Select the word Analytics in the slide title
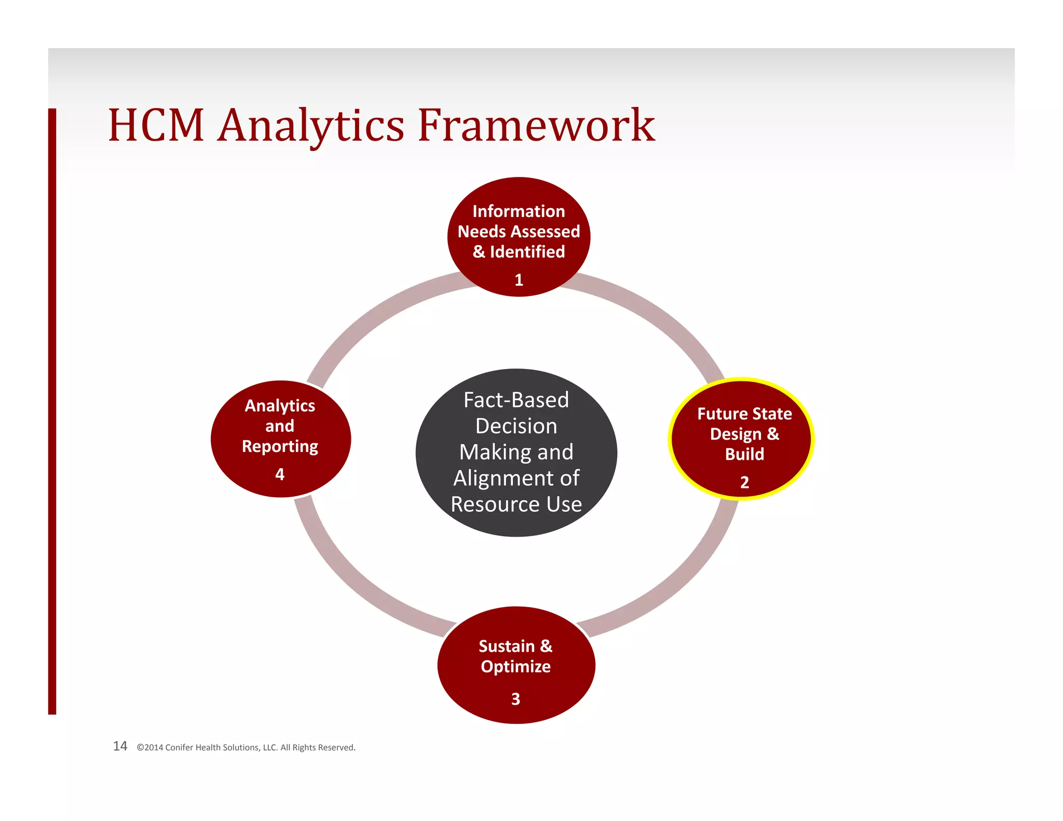pos(310,126)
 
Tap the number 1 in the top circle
pos(519,280)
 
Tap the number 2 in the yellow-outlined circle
pos(744,483)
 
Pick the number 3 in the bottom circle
pos(515,699)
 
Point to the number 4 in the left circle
pos(280,474)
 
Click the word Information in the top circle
pos(519,211)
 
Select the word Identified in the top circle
pos(527,252)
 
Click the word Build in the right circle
pos(744,454)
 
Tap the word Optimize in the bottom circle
pos(515,667)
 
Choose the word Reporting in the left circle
pos(280,447)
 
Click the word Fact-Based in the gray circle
pos(516,400)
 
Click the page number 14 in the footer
pos(120,746)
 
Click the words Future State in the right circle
pos(744,414)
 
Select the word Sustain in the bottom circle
pos(506,647)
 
